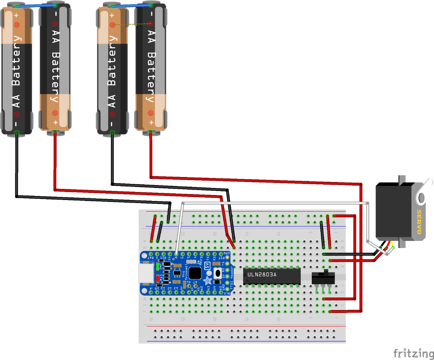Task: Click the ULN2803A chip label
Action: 262,275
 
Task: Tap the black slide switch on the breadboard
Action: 323,278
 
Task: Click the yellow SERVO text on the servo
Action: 419,222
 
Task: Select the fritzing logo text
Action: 413,353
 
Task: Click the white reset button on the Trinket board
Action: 217,273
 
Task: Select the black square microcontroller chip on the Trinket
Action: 195,273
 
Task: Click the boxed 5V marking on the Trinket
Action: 207,266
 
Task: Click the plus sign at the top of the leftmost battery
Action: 16,15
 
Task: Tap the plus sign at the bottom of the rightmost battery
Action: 151,122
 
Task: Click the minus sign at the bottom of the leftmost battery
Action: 16,124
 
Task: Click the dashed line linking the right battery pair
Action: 132,24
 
